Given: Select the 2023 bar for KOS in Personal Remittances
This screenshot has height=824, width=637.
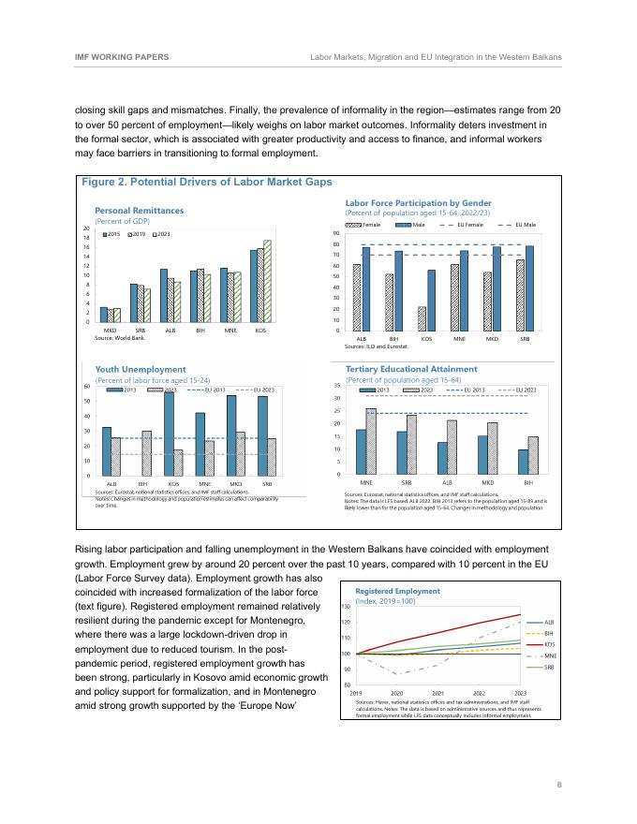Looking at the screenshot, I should [x=267, y=282].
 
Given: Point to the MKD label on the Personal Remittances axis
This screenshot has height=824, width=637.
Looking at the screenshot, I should [x=110, y=331].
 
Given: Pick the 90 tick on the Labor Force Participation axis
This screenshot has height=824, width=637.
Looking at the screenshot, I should [x=335, y=234].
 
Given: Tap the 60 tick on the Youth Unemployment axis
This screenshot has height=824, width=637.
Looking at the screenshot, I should [x=87, y=386].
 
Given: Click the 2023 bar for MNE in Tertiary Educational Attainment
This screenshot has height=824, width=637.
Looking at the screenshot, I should [x=371, y=441].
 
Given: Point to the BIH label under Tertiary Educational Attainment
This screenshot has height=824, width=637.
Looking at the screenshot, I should [x=529, y=482].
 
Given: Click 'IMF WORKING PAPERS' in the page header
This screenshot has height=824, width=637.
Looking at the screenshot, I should [x=121, y=57].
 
